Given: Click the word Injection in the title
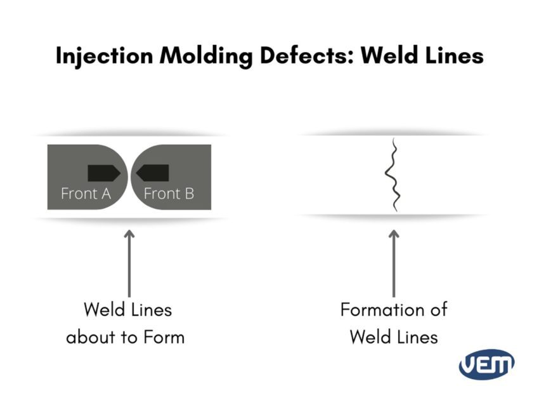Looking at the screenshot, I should (x=103, y=56).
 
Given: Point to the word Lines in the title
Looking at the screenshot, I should (x=453, y=56).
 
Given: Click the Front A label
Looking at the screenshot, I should (x=86, y=194).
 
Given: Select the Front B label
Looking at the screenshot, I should (x=169, y=194).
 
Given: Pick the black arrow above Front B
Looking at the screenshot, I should (x=153, y=173).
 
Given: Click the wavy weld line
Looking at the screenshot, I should (x=394, y=175).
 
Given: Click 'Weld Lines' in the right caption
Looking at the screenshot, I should (x=394, y=336).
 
